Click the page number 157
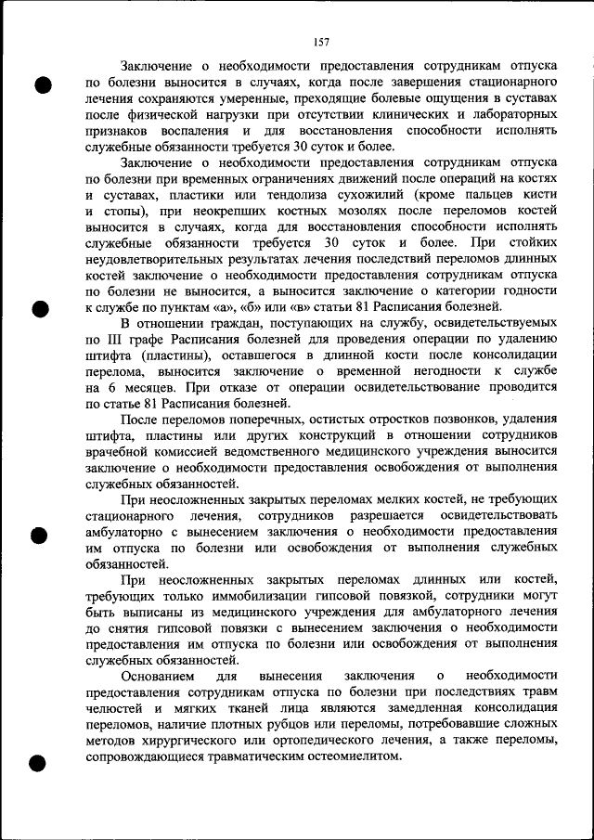click(x=321, y=42)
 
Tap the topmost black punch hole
click(x=41, y=84)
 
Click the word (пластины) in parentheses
click(x=161, y=355)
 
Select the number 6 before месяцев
click(x=111, y=387)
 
